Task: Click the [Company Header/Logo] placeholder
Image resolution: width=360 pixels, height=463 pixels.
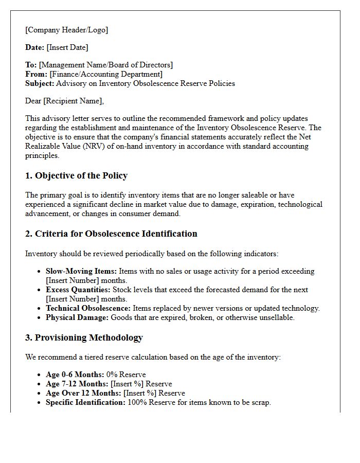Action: coord(67,30)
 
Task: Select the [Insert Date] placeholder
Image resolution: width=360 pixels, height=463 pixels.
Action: coord(67,47)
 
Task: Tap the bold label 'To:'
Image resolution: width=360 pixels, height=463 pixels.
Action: coord(31,65)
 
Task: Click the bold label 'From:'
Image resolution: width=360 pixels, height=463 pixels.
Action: coord(36,74)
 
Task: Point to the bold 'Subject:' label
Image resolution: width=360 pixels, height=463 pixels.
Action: coord(40,83)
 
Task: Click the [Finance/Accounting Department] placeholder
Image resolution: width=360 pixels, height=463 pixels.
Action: coord(106,74)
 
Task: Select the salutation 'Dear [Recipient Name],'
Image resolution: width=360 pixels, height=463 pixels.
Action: coord(64,101)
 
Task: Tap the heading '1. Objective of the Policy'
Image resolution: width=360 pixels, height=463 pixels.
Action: coord(76,176)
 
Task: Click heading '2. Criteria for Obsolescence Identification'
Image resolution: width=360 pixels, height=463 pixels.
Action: coord(111,234)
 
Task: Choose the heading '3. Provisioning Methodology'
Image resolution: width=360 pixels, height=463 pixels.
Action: coord(84,338)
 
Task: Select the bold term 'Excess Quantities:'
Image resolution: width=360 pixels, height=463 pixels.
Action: coord(78,290)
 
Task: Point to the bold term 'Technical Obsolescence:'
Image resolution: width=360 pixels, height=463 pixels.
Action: coord(88,308)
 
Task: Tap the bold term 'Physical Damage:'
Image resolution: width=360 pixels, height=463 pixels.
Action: coord(77,317)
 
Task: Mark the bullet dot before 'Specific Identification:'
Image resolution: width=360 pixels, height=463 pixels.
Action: coord(40,403)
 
